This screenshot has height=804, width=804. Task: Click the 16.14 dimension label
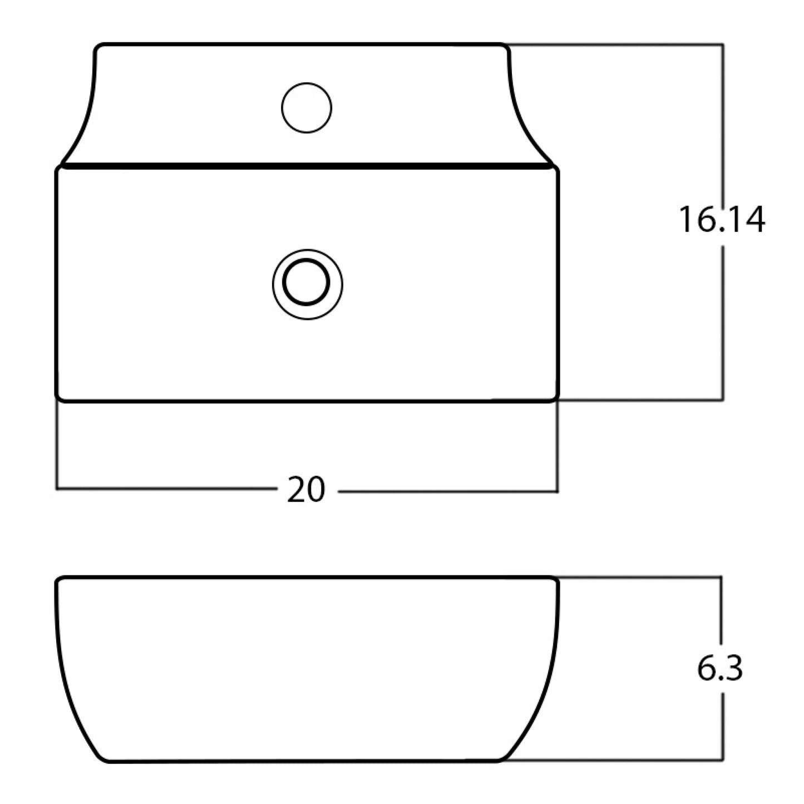click(722, 219)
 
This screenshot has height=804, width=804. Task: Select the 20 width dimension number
click(306, 490)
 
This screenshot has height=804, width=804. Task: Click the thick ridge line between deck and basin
click(307, 166)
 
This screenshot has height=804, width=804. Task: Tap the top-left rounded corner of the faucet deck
click(97, 47)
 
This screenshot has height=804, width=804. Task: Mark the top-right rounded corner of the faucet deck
click(506, 47)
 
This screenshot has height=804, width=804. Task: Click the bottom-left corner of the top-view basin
click(59, 398)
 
